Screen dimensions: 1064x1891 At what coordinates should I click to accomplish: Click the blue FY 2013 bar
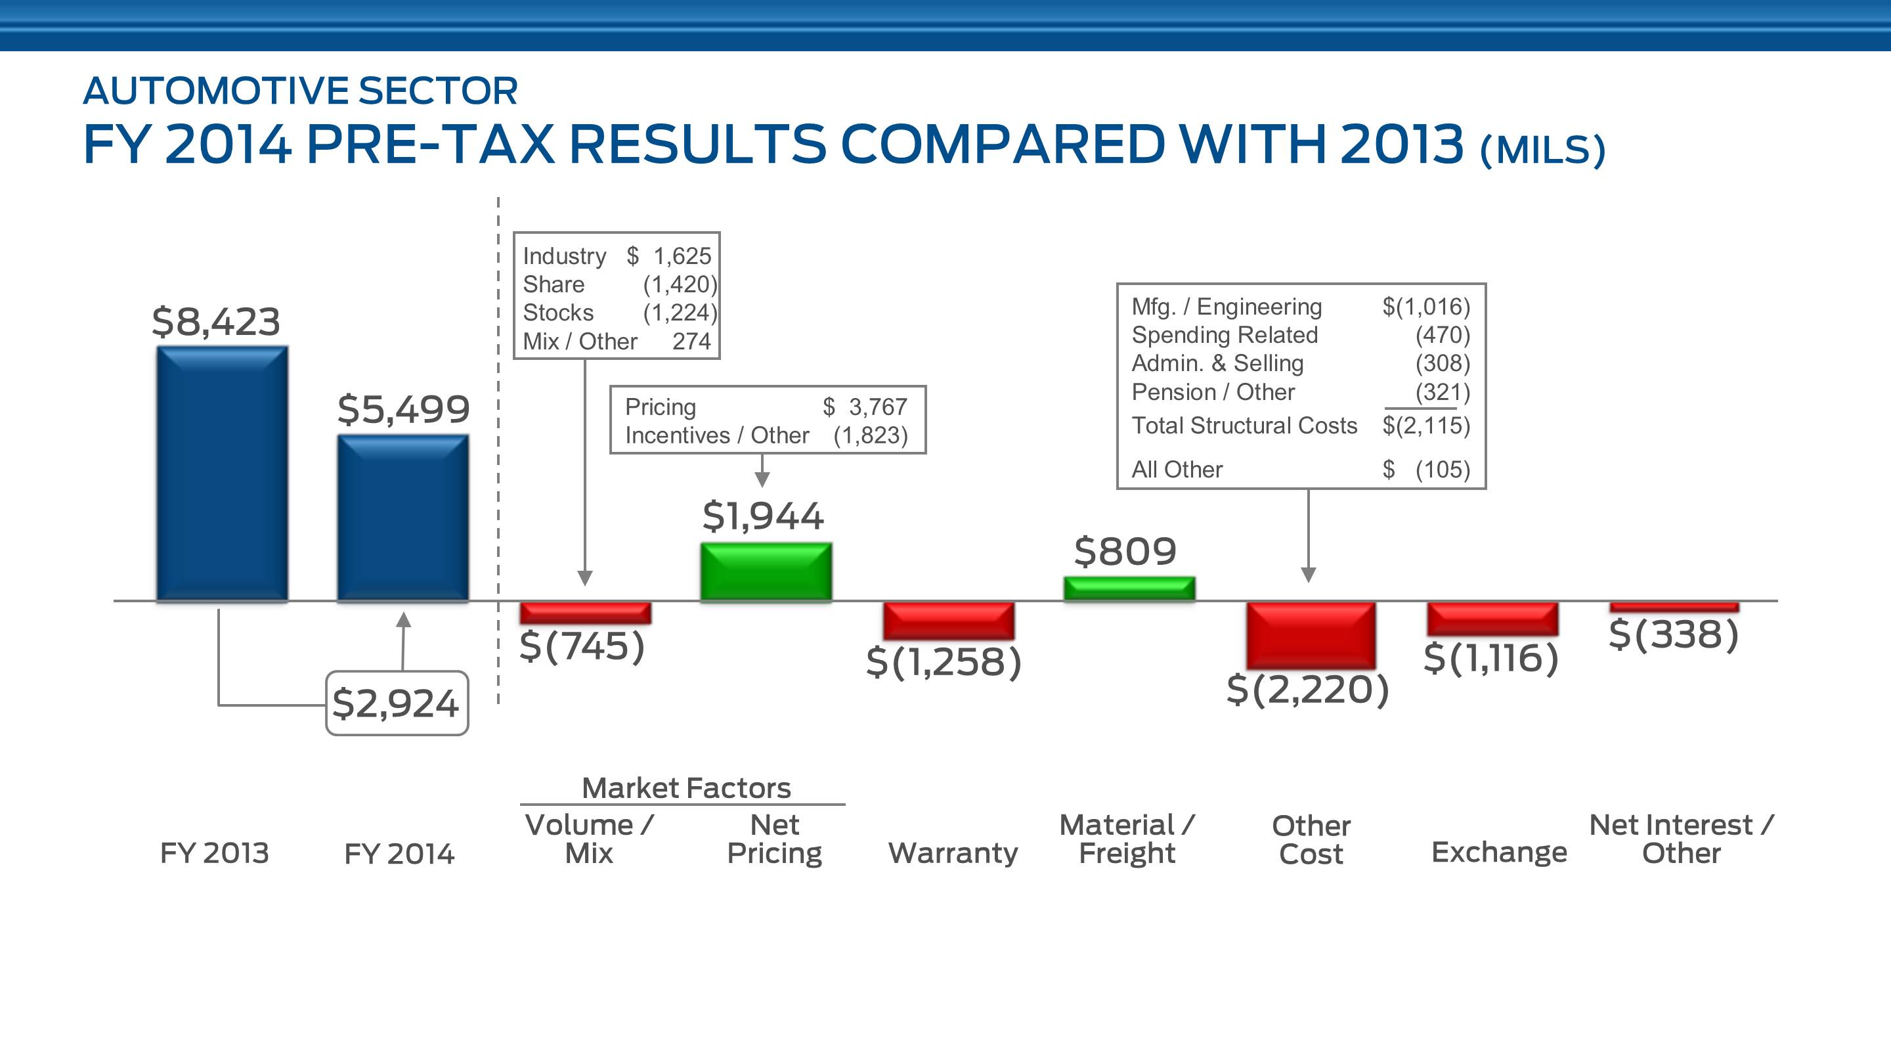pyautogui.click(x=222, y=474)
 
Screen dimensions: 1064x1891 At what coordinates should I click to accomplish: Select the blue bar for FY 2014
pyautogui.click(x=403, y=518)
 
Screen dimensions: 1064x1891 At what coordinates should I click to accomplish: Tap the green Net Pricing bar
pyautogui.click(x=766, y=571)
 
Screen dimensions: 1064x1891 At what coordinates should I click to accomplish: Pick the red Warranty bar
pyautogui.click(x=948, y=621)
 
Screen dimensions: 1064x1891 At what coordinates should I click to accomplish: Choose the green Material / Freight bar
pyautogui.click(x=1129, y=588)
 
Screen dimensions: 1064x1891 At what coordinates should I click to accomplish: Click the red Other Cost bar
pyautogui.click(x=1311, y=634)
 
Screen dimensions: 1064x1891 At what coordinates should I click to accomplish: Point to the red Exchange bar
pyautogui.click(x=1492, y=618)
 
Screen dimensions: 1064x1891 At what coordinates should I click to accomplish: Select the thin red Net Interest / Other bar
pyautogui.click(x=1674, y=606)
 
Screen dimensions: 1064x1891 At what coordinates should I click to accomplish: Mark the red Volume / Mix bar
pyautogui.click(x=585, y=612)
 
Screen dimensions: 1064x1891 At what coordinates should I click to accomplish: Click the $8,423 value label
pyautogui.click(x=216, y=322)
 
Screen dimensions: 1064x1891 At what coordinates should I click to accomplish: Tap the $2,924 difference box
pyautogui.click(x=397, y=703)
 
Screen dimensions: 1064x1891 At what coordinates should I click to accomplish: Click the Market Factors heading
pyautogui.click(x=685, y=788)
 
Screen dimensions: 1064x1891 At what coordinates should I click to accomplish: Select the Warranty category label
pyautogui.click(x=953, y=853)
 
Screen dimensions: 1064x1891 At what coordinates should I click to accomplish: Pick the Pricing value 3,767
pyautogui.click(x=877, y=407)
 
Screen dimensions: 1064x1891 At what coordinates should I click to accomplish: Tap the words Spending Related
pyautogui.click(x=1225, y=335)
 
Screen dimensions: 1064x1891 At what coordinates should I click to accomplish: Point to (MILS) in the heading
pyautogui.click(x=1542, y=150)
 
